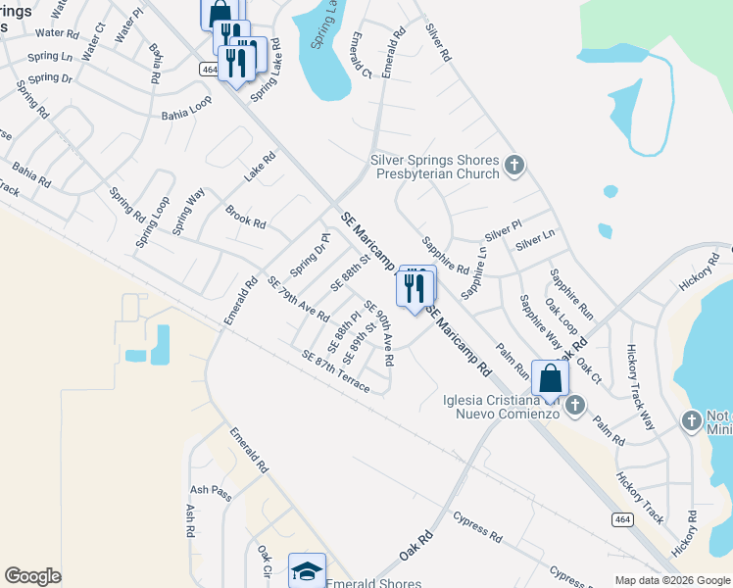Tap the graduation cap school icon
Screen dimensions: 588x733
(x=307, y=570)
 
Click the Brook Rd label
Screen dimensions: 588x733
(x=245, y=217)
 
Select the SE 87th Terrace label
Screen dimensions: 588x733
(x=336, y=372)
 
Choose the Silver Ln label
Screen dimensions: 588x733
(x=535, y=238)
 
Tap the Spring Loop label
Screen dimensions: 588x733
(x=152, y=221)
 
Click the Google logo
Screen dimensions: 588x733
(x=32, y=576)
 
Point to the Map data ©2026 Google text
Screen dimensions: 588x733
(x=671, y=580)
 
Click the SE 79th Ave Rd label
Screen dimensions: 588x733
(x=298, y=298)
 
